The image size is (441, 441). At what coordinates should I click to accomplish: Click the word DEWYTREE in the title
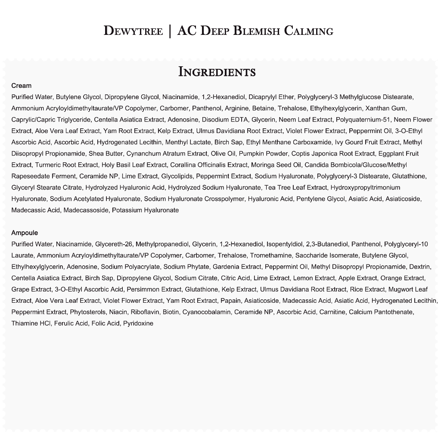[x=133, y=31]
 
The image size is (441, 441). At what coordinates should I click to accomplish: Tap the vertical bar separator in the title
[x=170, y=31]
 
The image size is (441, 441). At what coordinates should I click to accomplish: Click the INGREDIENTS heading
[x=217, y=71]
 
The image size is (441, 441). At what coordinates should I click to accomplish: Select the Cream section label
[x=21, y=86]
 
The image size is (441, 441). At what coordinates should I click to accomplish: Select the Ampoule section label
[x=25, y=233]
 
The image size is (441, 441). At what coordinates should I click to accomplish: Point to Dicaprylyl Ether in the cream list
[x=271, y=97]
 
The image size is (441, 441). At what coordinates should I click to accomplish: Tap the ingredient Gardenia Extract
[x=237, y=267]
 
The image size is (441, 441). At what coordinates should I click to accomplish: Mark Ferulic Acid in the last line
[x=71, y=323]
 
